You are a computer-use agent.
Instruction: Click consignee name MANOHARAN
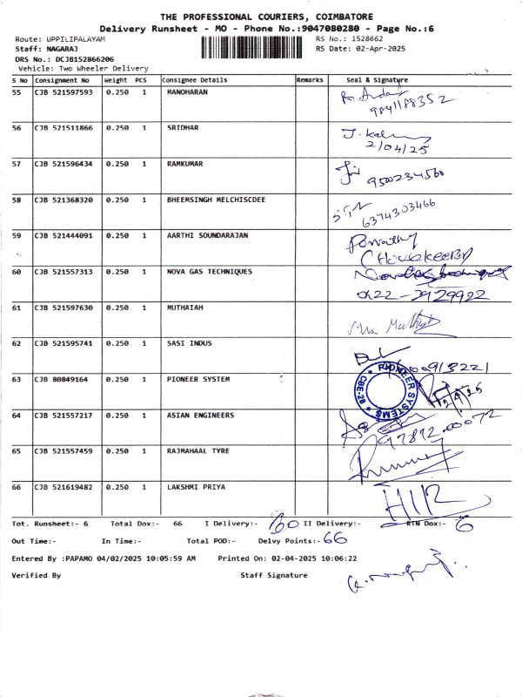[x=187, y=91]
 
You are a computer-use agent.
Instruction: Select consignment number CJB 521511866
[x=64, y=127]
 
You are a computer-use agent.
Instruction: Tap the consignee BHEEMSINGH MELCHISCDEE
[x=217, y=200]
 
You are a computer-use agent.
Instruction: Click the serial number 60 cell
[x=17, y=272]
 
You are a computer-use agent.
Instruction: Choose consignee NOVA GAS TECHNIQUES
[x=210, y=272]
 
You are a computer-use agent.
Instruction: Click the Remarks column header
[x=310, y=79]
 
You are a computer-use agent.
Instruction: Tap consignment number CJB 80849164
[x=61, y=380]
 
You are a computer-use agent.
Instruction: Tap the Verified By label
[x=36, y=576]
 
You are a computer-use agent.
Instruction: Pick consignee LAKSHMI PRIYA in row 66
[x=191, y=487]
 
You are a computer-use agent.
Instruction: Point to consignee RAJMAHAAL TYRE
[x=197, y=451]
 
